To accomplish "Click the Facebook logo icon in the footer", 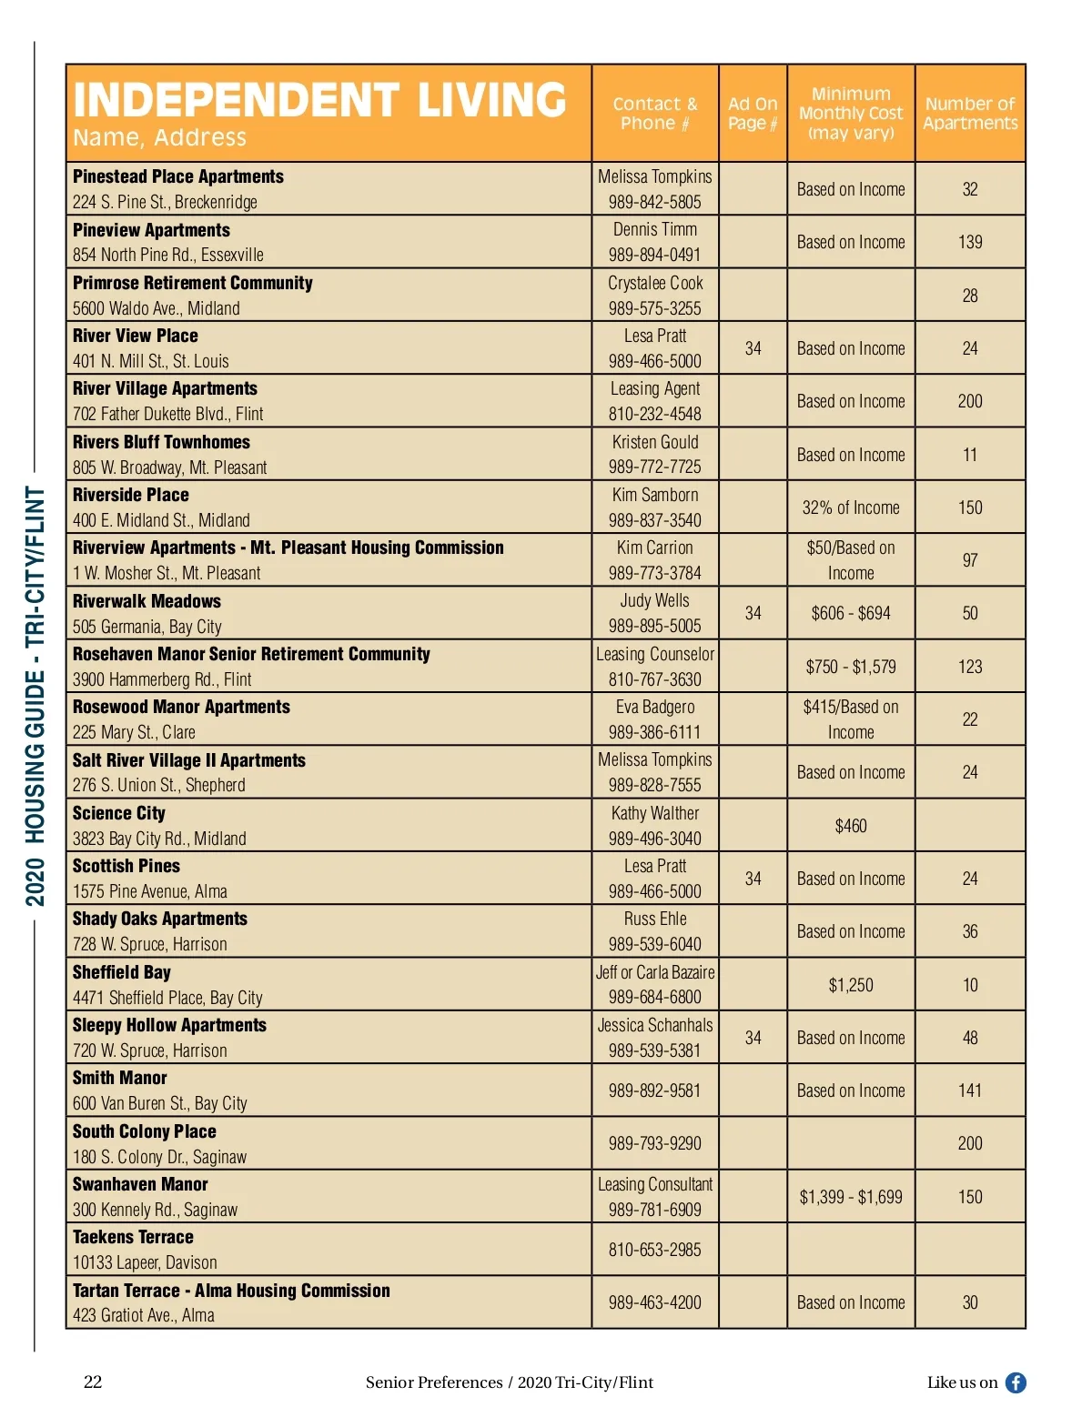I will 1016,1382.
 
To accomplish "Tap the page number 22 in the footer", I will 93,1382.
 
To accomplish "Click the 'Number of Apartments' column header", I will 970,114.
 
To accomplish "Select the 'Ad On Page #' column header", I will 753,114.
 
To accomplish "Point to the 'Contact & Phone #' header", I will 655,114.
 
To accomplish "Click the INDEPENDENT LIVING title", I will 319,100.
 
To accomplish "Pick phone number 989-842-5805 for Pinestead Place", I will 655,202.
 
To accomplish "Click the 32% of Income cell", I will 851,508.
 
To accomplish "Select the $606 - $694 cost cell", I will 851,613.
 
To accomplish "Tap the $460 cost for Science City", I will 851,826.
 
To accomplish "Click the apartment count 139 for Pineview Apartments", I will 970,242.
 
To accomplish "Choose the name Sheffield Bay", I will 122,972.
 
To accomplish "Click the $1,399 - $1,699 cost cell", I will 851,1197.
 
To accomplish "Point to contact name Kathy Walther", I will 655,813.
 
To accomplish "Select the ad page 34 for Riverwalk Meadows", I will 753,613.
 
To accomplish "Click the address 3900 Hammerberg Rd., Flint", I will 162,679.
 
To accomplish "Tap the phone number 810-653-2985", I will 655,1250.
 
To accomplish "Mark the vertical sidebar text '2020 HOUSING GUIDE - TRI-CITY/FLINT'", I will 35,697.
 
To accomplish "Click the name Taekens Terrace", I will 133,1237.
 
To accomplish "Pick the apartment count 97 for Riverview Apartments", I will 970,560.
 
